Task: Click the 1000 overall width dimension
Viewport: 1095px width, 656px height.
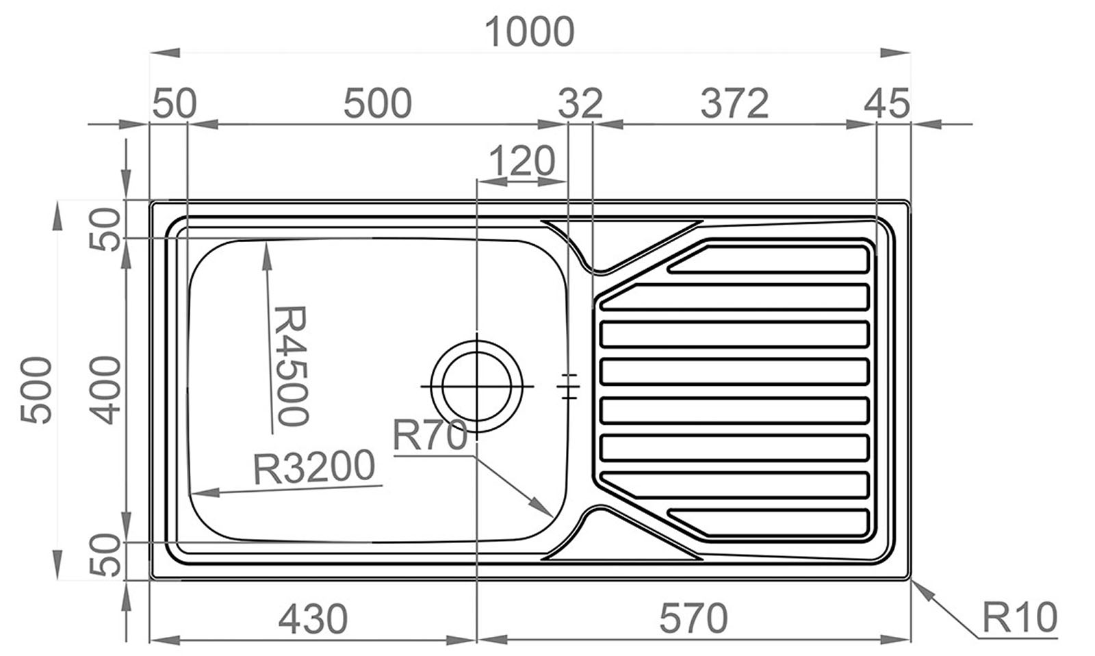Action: pyautogui.click(x=529, y=32)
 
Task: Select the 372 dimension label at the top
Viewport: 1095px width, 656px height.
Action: pyautogui.click(x=735, y=103)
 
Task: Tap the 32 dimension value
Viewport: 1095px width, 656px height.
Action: pyautogui.click(x=580, y=103)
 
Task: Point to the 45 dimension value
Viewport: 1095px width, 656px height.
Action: pyautogui.click(x=887, y=103)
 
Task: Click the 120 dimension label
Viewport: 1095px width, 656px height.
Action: pyautogui.click(x=522, y=161)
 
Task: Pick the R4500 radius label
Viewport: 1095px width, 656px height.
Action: pyautogui.click(x=292, y=366)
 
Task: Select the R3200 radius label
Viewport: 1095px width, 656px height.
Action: pyautogui.click(x=314, y=467)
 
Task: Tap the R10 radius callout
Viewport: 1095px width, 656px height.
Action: pyautogui.click(x=1020, y=618)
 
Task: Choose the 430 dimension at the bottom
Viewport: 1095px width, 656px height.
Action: pyautogui.click(x=313, y=619)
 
